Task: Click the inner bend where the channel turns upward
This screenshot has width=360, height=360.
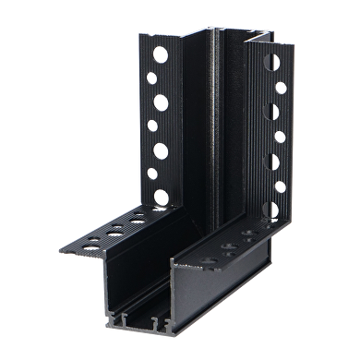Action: click(207, 222)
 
